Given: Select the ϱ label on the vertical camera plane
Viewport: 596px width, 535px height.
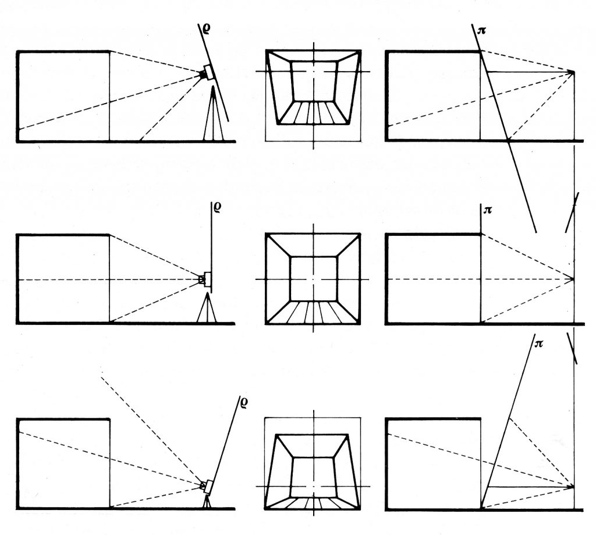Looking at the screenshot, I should point(217,207).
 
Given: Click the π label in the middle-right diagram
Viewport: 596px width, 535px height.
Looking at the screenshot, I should point(488,210).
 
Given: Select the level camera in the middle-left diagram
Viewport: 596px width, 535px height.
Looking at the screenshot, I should point(205,279).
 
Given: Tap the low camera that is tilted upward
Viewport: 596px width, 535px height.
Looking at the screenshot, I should point(207,485).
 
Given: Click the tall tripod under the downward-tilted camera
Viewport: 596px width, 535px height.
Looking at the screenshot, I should point(214,116).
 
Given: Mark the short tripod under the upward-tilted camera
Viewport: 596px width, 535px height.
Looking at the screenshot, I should point(206,502).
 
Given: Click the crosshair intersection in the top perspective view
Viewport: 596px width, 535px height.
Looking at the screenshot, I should point(313,72).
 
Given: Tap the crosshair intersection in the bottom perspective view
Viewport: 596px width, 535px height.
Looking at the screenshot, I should point(313,486).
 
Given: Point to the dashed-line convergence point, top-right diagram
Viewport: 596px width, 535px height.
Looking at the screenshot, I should point(573,72).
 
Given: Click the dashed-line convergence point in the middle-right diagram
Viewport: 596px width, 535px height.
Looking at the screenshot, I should point(573,279).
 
